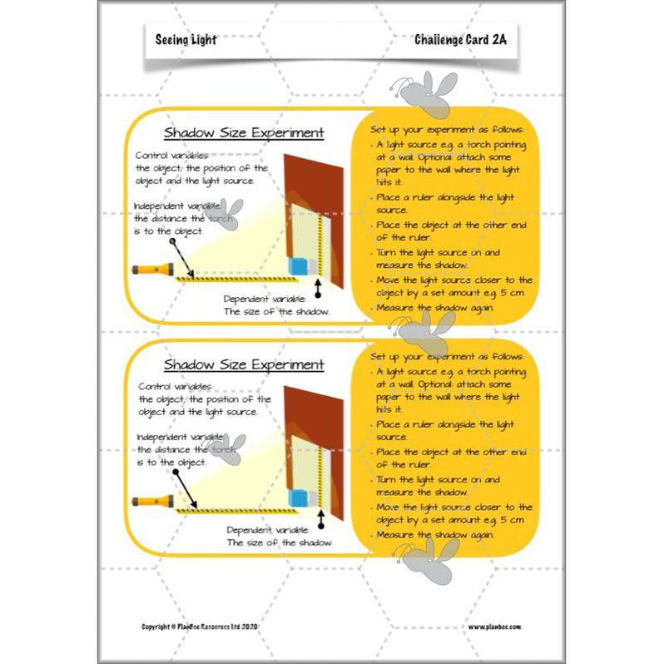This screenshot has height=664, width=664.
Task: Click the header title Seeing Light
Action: pos(186,40)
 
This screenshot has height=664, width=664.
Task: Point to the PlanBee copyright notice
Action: pos(211,626)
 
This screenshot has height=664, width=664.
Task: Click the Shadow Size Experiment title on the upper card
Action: pos(244,132)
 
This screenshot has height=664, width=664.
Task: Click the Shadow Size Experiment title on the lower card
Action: pos(244,364)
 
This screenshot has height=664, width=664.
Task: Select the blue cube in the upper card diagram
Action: pos(297,266)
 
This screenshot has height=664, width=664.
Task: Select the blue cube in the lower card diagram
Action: pos(297,498)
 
